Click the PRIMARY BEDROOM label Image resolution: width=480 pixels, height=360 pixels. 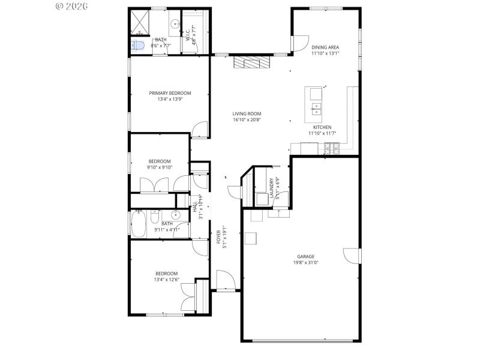pyautogui.click(x=170, y=93)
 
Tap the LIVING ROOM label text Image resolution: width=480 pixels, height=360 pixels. pyautogui.click(x=247, y=113)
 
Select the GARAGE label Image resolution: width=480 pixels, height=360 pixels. pyautogui.click(x=305, y=256)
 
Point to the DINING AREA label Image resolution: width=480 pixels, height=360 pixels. pyautogui.click(x=325, y=47)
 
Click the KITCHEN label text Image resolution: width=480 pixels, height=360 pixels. pyautogui.click(x=322, y=127)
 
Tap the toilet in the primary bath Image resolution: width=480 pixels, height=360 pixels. pyautogui.click(x=137, y=46)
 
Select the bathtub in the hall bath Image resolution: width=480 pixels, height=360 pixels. pyautogui.click(x=137, y=224)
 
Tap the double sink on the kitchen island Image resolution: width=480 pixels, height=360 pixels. pyautogui.click(x=316, y=109)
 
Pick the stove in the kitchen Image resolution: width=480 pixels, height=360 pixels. pyautogui.click(x=332, y=146)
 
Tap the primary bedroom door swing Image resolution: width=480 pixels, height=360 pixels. pyautogui.click(x=200, y=130)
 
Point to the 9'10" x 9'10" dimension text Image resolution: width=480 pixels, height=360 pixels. pyautogui.click(x=160, y=167)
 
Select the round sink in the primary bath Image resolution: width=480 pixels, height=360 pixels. pyautogui.click(x=175, y=24)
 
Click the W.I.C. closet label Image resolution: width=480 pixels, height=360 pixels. pyautogui.click(x=188, y=34)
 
